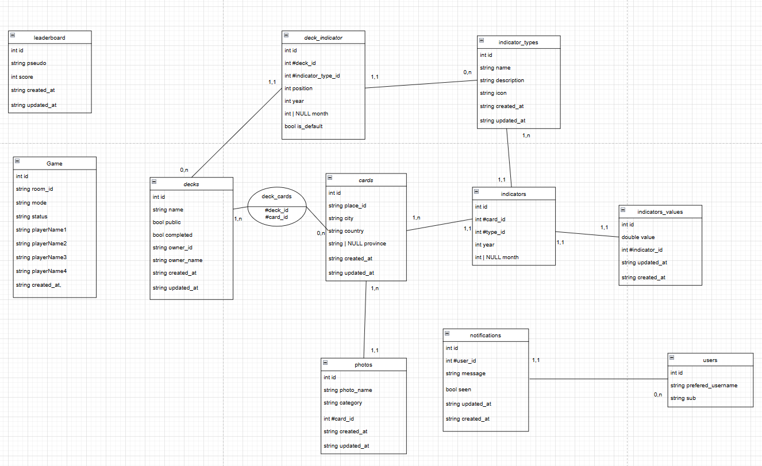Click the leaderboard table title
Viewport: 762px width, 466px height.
coord(49,37)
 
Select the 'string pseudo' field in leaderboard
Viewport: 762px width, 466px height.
coord(29,63)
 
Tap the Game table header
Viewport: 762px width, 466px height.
coord(55,164)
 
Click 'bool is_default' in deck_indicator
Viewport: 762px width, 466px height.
coord(303,126)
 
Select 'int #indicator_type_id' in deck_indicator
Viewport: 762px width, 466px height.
coord(312,76)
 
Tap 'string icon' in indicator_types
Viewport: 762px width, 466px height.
coord(493,93)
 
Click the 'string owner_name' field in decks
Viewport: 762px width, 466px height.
coord(178,260)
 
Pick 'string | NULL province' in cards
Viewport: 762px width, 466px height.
coord(357,244)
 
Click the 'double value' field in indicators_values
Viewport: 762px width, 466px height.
coord(638,237)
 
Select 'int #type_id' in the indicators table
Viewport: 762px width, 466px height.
coord(490,232)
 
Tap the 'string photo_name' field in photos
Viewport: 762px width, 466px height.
coord(348,390)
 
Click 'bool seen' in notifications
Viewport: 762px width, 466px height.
coord(459,390)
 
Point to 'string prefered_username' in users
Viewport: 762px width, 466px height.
coord(704,386)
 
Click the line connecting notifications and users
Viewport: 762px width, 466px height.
coord(598,379)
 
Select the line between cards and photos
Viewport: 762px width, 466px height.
coord(366,319)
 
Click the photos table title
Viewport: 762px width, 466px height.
coord(364,365)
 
